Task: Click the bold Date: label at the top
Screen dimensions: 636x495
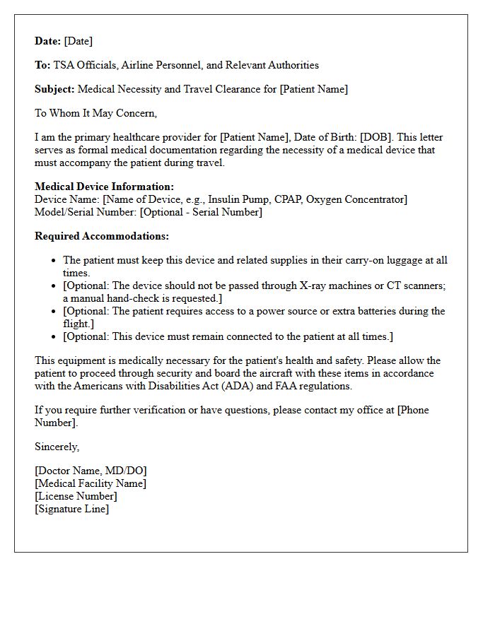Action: [48, 41]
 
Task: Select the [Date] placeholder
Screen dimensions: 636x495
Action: [78, 41]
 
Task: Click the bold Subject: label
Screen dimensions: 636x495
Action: [54, 89]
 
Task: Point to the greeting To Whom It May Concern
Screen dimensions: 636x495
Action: [95, 113]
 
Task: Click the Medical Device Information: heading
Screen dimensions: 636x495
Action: [104, 187]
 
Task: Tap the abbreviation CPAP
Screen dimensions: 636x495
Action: [288, 199]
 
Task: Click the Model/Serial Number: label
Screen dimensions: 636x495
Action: [86, 212]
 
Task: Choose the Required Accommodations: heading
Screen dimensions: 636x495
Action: [102, 236]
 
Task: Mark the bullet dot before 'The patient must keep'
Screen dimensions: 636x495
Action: [54, 261]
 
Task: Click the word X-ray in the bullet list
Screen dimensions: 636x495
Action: [306, 285]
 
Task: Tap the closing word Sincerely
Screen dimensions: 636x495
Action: [57, 447]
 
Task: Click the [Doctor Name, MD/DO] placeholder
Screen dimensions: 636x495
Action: [91, 471]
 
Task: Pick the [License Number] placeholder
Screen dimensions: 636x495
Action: [76, 496]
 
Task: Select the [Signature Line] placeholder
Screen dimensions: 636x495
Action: [72, 509]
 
